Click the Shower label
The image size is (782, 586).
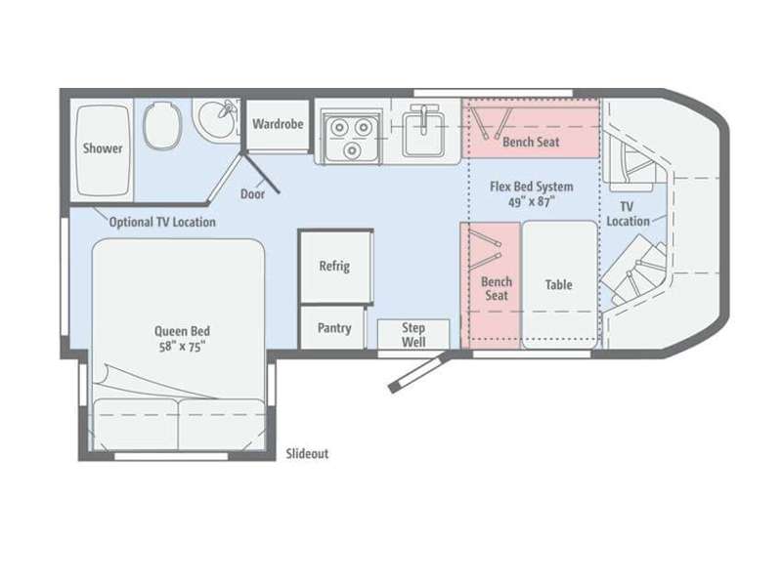click(103, 148)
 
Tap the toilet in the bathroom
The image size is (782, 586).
click(161, 125)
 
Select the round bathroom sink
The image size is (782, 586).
click(217, 118)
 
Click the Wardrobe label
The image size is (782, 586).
click(278, 124)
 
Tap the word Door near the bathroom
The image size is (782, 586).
click(252, 193)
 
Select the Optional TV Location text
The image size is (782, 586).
click(162, 223)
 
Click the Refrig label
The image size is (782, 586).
click(334, 266)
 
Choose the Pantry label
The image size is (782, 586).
click(334, 328)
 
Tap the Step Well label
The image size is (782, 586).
click(413, 335)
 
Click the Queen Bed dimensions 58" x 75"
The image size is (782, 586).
click(182, 347)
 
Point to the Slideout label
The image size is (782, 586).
click(307, 454)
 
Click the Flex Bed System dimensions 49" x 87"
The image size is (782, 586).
click(532, 202)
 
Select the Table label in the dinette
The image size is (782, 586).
click(558, 284)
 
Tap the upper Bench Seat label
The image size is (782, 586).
click(531, 142)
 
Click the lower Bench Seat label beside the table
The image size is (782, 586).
click(497, 288)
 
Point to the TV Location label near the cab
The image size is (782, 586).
click(628, 214)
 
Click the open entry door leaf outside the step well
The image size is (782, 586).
click(419, 373)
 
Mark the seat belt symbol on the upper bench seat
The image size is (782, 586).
click(492, 123)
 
